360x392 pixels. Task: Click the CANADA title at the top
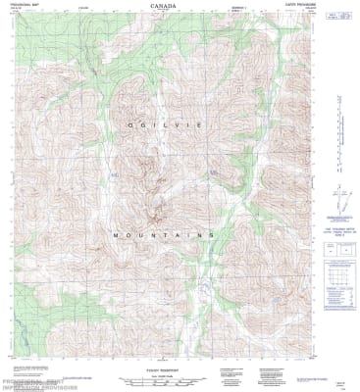click(x=164, y=5)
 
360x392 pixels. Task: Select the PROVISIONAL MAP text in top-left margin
click(x=21, y=4)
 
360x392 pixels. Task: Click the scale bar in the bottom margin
click(x=164, y=371)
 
